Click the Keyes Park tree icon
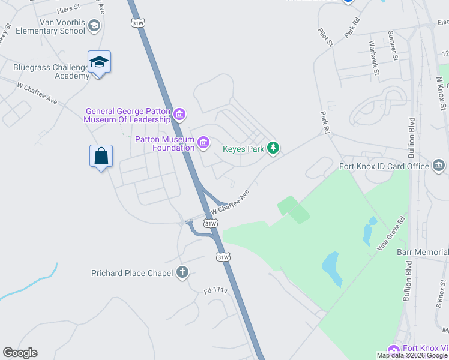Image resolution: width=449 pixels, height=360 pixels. pos(273,148)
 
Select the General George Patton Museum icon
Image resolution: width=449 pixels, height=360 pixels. pos(179,114)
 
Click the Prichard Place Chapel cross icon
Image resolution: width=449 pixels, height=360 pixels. pos(182,273)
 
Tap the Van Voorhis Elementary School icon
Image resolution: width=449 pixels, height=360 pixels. pos(94,25)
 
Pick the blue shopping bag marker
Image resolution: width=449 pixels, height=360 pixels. pos(101,157)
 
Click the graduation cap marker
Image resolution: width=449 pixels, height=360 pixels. pos(99,62)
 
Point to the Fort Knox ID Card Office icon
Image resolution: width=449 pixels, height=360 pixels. pos(438,166)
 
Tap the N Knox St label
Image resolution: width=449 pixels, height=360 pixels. pos(442,93)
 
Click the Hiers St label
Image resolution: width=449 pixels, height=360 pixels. pos(68,9)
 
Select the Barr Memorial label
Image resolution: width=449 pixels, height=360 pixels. pos(423,253)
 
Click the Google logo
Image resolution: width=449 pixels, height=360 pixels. pos(20,353)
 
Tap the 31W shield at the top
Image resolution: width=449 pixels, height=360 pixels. pos(137,22)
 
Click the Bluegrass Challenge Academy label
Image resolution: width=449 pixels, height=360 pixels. pos(51,71)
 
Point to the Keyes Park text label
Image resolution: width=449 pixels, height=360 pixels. pos(243,149)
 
